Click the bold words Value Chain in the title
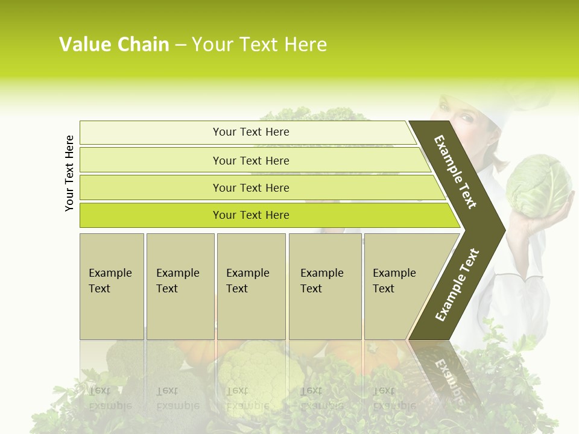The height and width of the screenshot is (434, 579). click(x=114, y=45)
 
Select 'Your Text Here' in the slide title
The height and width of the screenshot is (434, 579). click(x=259, y=45)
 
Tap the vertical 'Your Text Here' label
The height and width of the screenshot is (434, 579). click(x=69, y=173)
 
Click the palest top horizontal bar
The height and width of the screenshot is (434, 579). click(x=251, y=132)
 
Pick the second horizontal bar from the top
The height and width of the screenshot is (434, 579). click(x=251, y=160)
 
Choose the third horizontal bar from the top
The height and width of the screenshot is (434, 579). click(x=251, y=187)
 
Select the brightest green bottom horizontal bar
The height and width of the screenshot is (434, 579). click(x=251, y=215)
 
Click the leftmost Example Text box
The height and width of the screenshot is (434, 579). click(x=112, y=286)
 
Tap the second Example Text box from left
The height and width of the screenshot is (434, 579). click(x=180, y=286)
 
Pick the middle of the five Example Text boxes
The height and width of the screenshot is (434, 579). click(x=251, y=286)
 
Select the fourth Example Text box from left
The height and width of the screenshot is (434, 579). click(x=325, y=286)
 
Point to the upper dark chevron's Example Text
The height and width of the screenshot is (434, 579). click(x=455, y=172)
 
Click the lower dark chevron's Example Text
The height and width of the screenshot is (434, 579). click(x=457, y=285)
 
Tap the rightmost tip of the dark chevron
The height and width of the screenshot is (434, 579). click(x=504, y=230)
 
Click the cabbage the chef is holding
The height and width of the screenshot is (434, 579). click(x=537, y=185)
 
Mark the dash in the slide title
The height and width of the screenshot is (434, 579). click(x=180, y=45)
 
